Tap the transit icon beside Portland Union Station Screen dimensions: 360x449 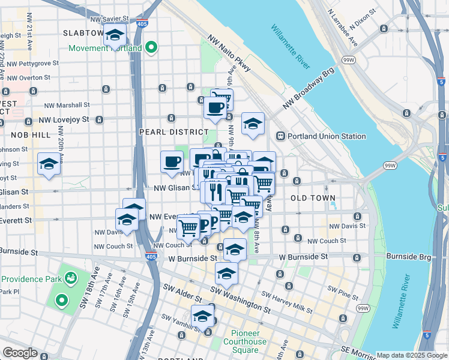point(280,136)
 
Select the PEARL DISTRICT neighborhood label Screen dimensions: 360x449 point(165,131)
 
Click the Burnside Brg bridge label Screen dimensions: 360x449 point(409,256)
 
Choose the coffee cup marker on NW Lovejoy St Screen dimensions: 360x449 point(215,108)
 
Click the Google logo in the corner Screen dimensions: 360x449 point(20,353)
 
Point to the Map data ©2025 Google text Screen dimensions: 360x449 point(412,355)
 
